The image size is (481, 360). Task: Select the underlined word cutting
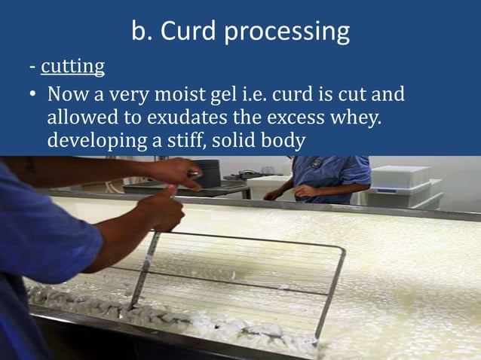tap(72, 67)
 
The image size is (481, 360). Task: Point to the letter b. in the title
tap(141, 32)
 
